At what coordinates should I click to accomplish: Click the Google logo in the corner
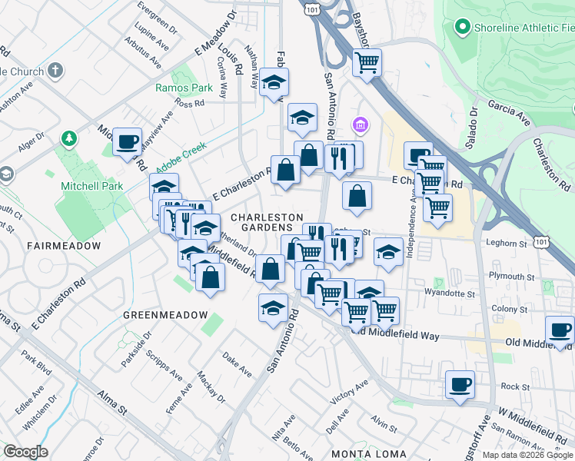click(x=25, y=452)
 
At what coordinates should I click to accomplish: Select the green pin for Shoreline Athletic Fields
click(x=462, y=28)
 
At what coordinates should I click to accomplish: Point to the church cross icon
click(x=55, y=71)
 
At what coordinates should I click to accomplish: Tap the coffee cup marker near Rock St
click(x=460, y=383)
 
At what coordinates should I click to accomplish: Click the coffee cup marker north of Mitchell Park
click(x=128, y=141)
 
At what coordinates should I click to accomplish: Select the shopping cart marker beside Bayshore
click(x=367, y=62)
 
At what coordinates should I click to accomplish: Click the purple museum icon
click(x=359, y=124)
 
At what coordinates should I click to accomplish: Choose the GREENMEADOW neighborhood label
click(x=165, y=315)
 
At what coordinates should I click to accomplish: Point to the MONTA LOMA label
click(x=363, y=454)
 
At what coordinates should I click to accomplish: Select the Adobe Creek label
click(x=183, y=164)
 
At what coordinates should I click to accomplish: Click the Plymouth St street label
click(x=511, y=276)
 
